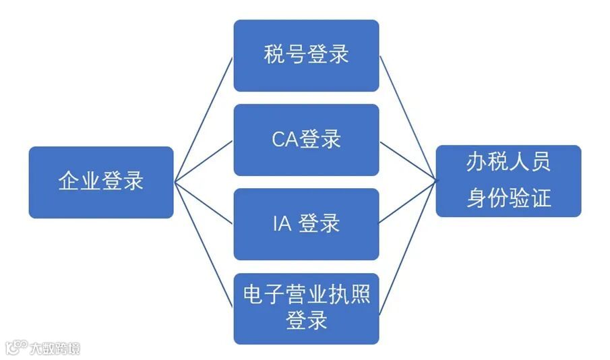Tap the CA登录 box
coord(306,140)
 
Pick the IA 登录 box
coord(306,224)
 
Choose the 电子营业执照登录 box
coord(306,308)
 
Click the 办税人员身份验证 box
coord(508,181)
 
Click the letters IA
coord(282,224)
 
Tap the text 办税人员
coord(508,162)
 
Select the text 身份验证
coord(508,198)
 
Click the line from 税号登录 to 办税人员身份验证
coord(407,118)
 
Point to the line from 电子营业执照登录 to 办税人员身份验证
coord(407,247)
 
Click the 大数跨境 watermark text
coord(54,349)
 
